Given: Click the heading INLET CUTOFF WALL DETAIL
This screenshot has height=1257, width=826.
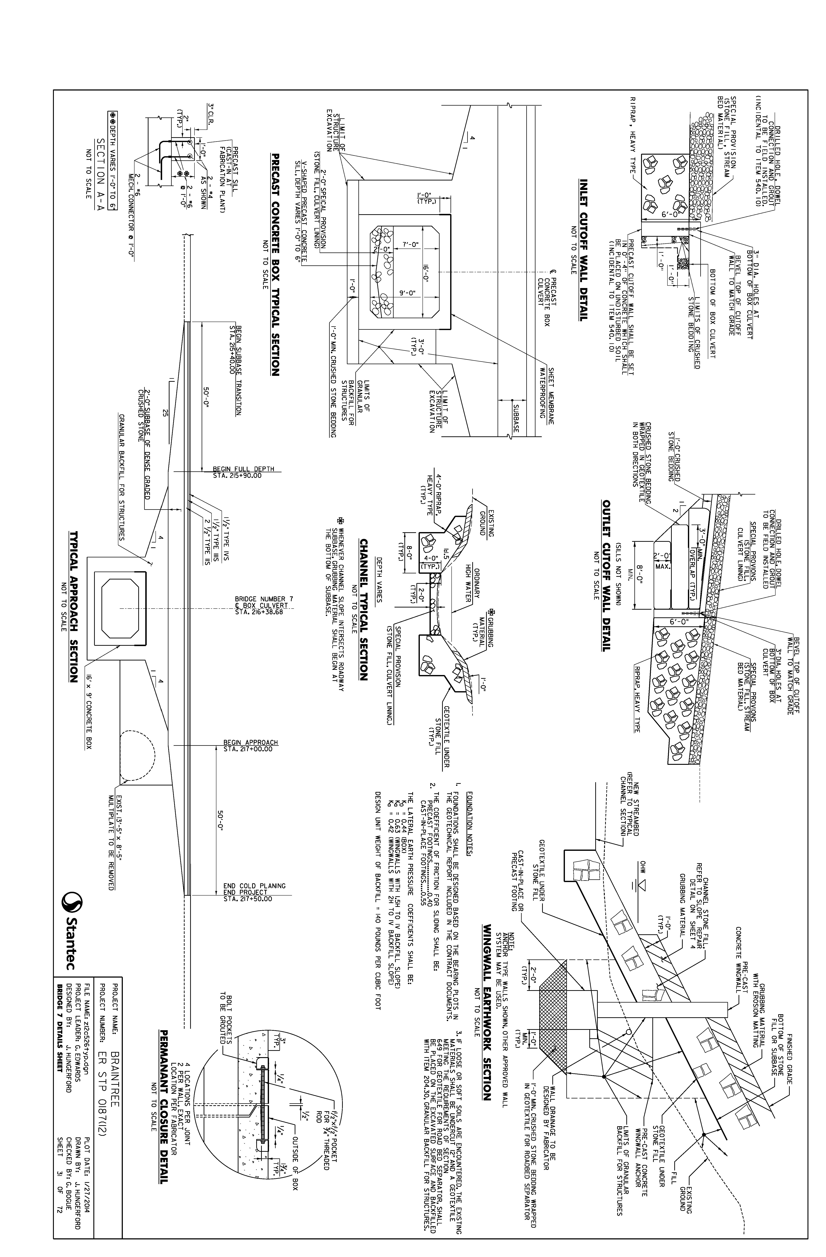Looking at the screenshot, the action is click(583, 249).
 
